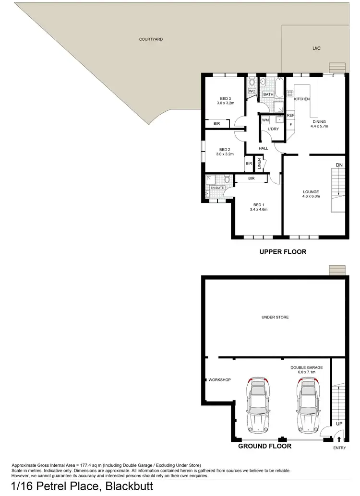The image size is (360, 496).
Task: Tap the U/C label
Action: (316, 48)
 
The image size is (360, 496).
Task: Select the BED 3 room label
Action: (226, 99)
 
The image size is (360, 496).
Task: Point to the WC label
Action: (252, 91)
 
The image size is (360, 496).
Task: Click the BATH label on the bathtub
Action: (268, 94)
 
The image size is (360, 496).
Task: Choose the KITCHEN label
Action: (302, 99)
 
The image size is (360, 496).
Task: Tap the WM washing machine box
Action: (265, 120)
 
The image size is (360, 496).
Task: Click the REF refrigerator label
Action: (290, 115)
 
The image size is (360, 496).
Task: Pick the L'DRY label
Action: (273, 129)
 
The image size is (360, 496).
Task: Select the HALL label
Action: (263, 148)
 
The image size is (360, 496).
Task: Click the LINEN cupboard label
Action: (259, 164)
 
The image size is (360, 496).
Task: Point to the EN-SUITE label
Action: (217, 188)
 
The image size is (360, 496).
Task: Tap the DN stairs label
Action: (339, 165)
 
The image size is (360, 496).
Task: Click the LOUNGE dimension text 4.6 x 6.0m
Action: (311, 196)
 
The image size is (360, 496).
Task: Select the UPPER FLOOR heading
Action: (283, 252)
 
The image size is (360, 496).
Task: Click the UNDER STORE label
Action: (275, 317)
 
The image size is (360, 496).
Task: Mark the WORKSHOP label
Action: (220, 380)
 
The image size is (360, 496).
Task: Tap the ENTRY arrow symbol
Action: (339, 439)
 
